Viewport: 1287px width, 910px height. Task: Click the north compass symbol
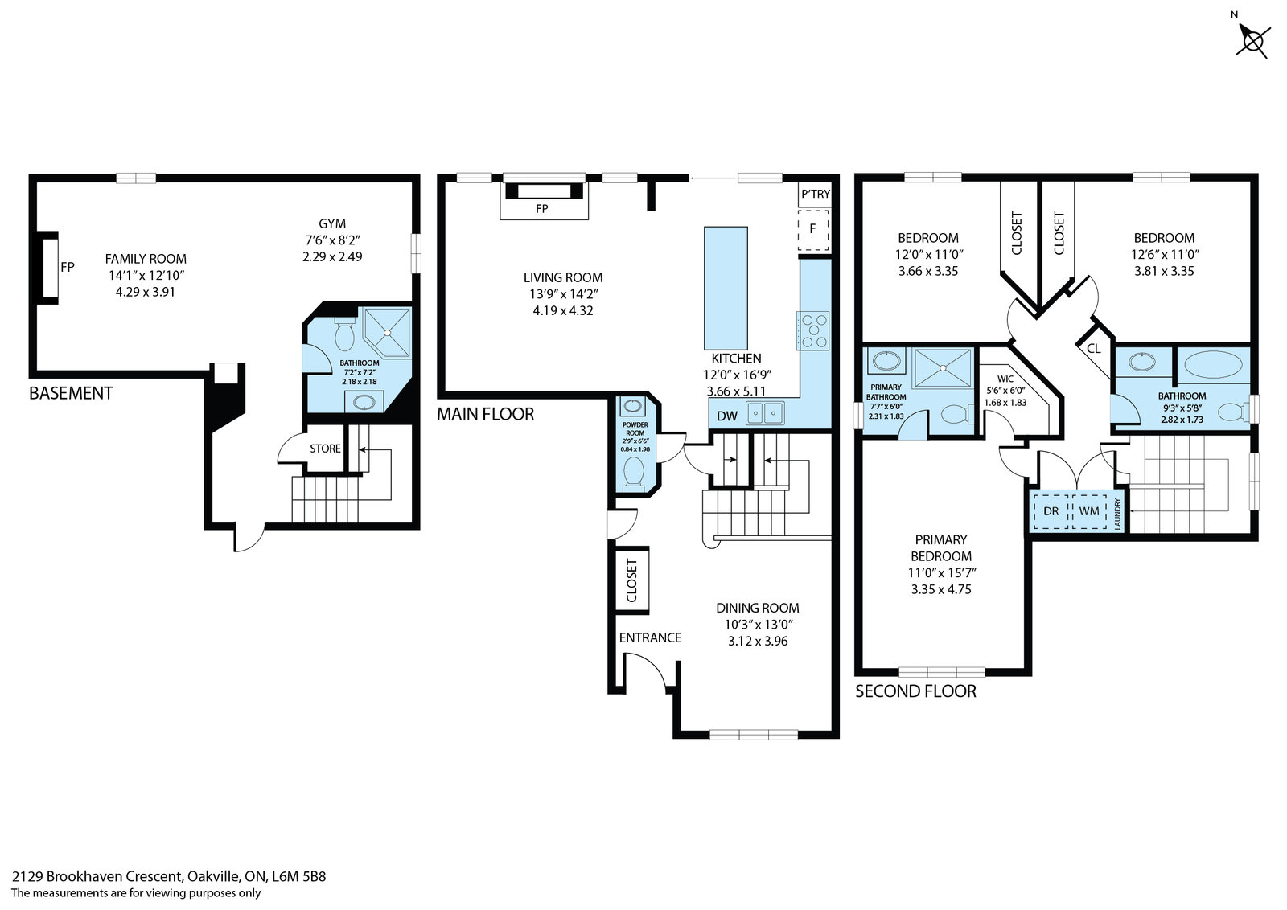[x=1252, y=40]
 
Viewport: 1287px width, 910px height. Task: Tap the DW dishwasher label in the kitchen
[x=727, y=416]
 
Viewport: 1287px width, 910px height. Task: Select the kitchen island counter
[x=726, y=288]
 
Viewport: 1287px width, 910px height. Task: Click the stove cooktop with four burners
[x=812, y=330]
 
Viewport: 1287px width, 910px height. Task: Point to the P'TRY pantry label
[x=816, y=194]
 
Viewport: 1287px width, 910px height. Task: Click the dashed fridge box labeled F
[x=813, y=230]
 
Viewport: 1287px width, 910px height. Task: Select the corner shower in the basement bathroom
[x=387, y=333]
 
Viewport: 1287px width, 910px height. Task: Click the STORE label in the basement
[x=325, y=449]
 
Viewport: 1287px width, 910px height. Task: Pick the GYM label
[x=332, y=223]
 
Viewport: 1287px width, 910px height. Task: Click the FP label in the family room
[x=68, y=267]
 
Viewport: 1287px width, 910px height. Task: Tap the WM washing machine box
[x=1089, y=511]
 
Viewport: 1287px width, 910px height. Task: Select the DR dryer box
[x=1051, y=511]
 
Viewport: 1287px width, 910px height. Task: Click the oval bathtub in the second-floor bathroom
[x=1213, y=365]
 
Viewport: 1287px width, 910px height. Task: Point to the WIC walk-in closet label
[x=1005, y=379]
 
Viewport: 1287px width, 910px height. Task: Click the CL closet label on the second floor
[x=1093, y=349]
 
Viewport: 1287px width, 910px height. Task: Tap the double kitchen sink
[x=765, y=413]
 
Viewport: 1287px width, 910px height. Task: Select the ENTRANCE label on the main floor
[x=650, y=637]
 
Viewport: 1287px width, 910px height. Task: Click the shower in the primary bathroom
[x=942, y=367]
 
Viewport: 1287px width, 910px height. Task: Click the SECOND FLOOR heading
[x=916, y=691]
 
